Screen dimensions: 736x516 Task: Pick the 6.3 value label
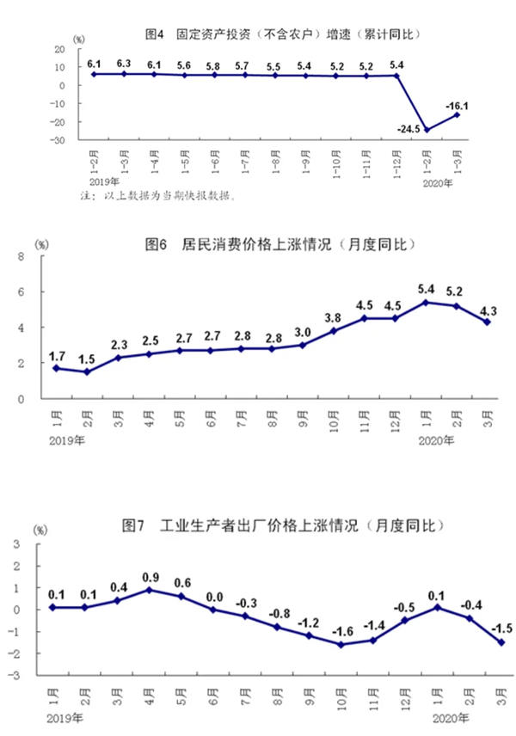(124, 63)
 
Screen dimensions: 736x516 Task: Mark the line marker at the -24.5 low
(427, 130)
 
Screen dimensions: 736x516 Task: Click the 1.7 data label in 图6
(57, 355)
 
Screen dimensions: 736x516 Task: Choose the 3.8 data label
(334, 316)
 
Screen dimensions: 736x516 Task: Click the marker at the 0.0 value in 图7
(213, 609)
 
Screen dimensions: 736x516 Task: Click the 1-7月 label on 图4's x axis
(245, 158)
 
